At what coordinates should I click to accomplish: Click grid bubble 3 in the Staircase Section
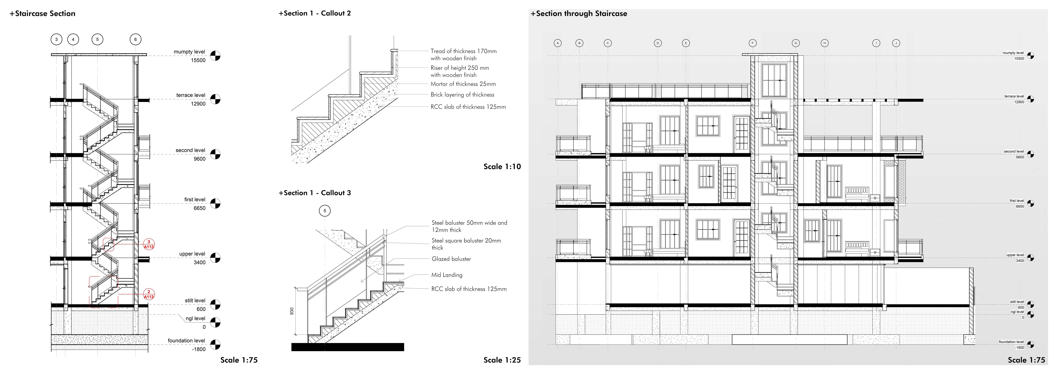(x=57, y=39)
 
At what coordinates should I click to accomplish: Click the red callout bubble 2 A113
(x=149, y=294)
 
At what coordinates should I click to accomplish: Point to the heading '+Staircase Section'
(x=43, y=14)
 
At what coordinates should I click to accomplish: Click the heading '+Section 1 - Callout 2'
(x=315, y=13)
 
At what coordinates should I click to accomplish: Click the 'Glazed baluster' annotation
(x=451, y=259)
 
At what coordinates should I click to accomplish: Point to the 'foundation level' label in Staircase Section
(x=186, y=341)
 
